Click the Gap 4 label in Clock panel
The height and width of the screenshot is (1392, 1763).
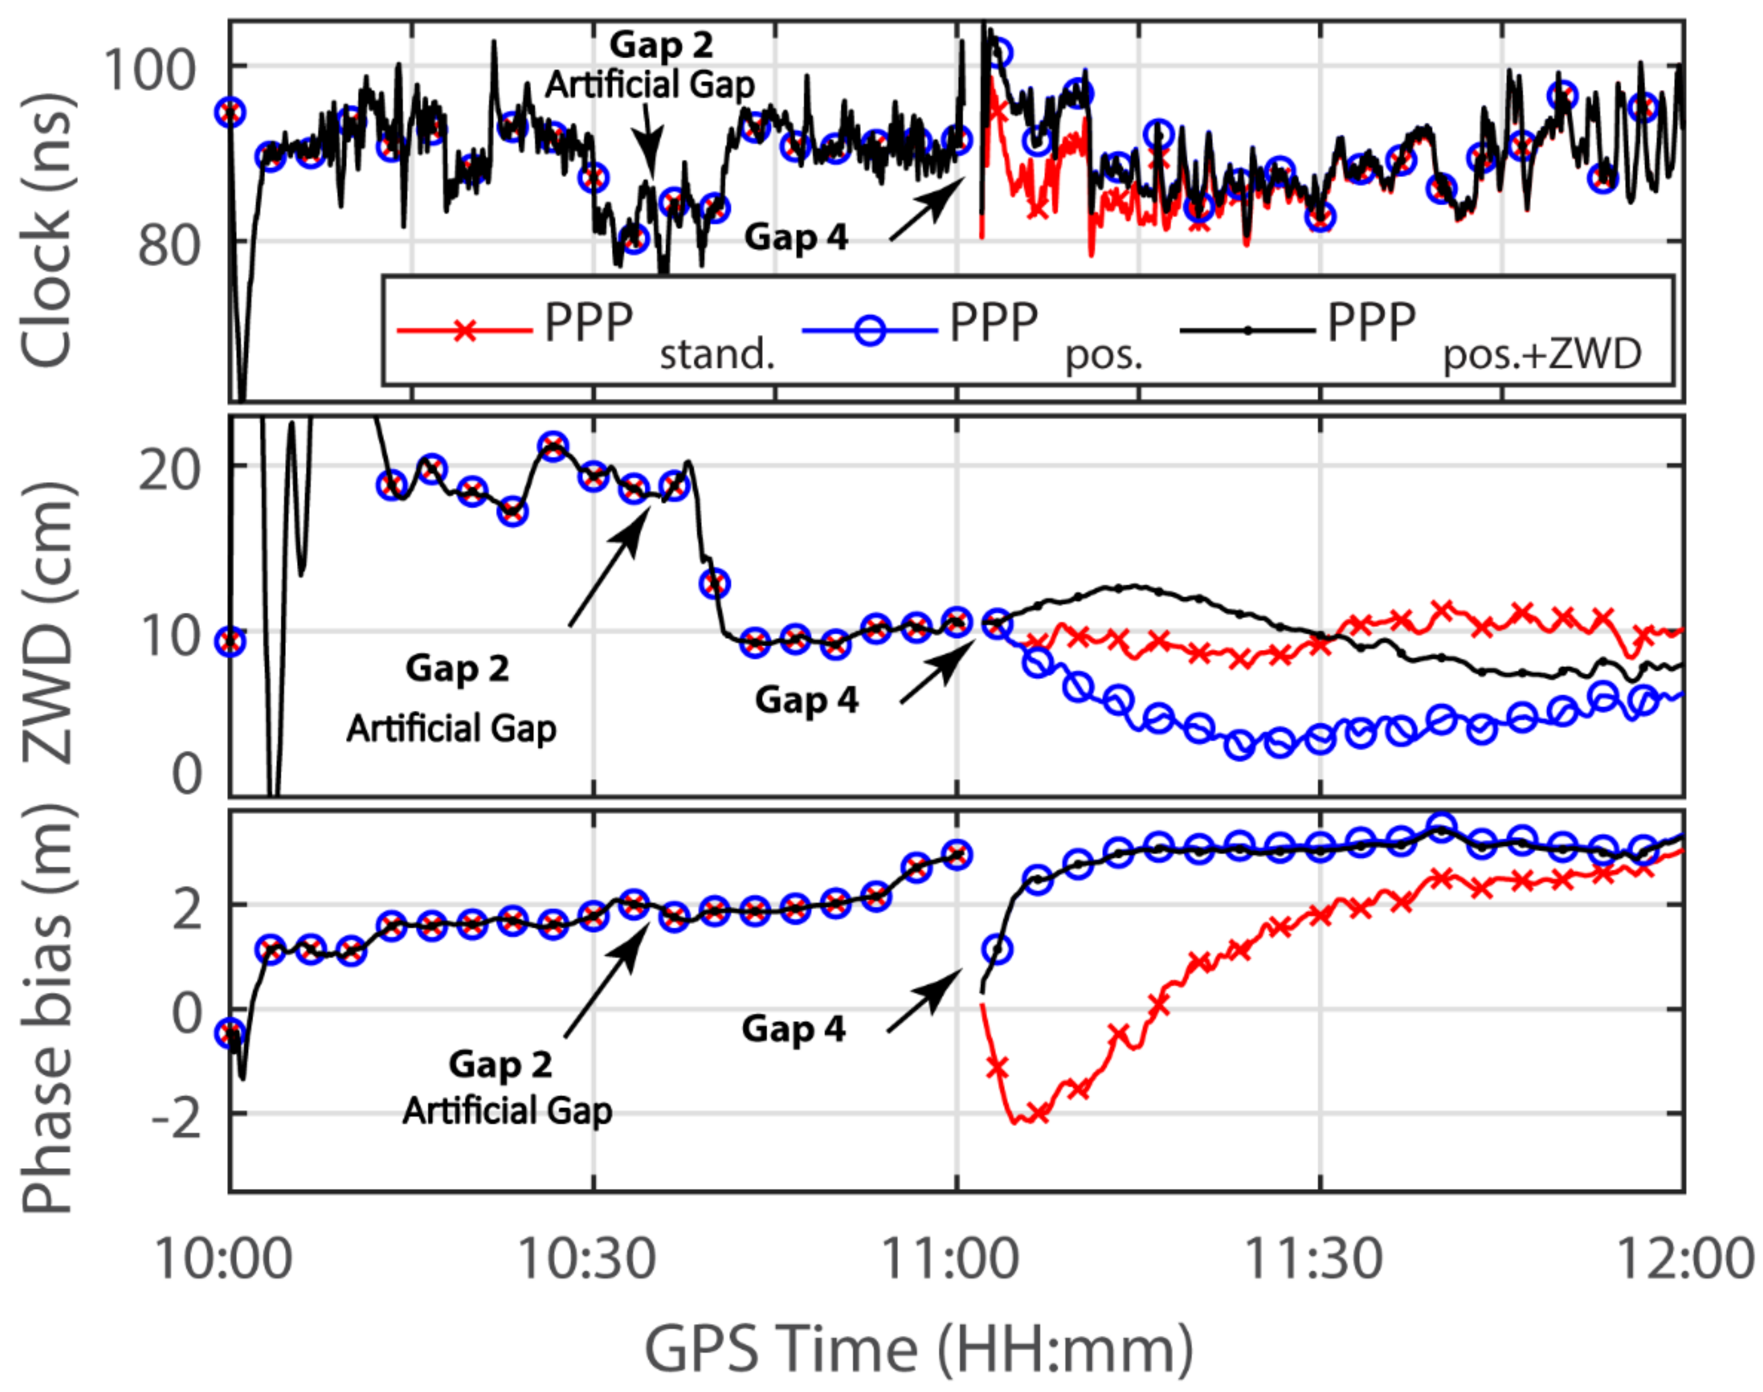(x=795, y=237)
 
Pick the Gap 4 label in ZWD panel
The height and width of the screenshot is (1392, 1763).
(x=806, y=699)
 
